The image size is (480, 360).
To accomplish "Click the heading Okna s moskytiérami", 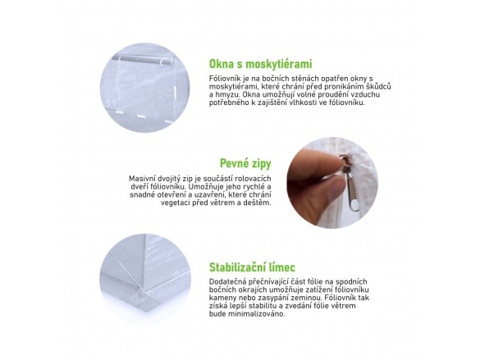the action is pos(260,64).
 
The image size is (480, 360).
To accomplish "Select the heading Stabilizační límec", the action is pos(252,267).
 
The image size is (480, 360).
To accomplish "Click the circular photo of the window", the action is pos(144,88).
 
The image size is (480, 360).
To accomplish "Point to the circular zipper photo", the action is pos(332,183).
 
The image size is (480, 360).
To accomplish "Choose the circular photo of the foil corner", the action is pos(144,280).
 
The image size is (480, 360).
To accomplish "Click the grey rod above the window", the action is pos(144,60).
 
